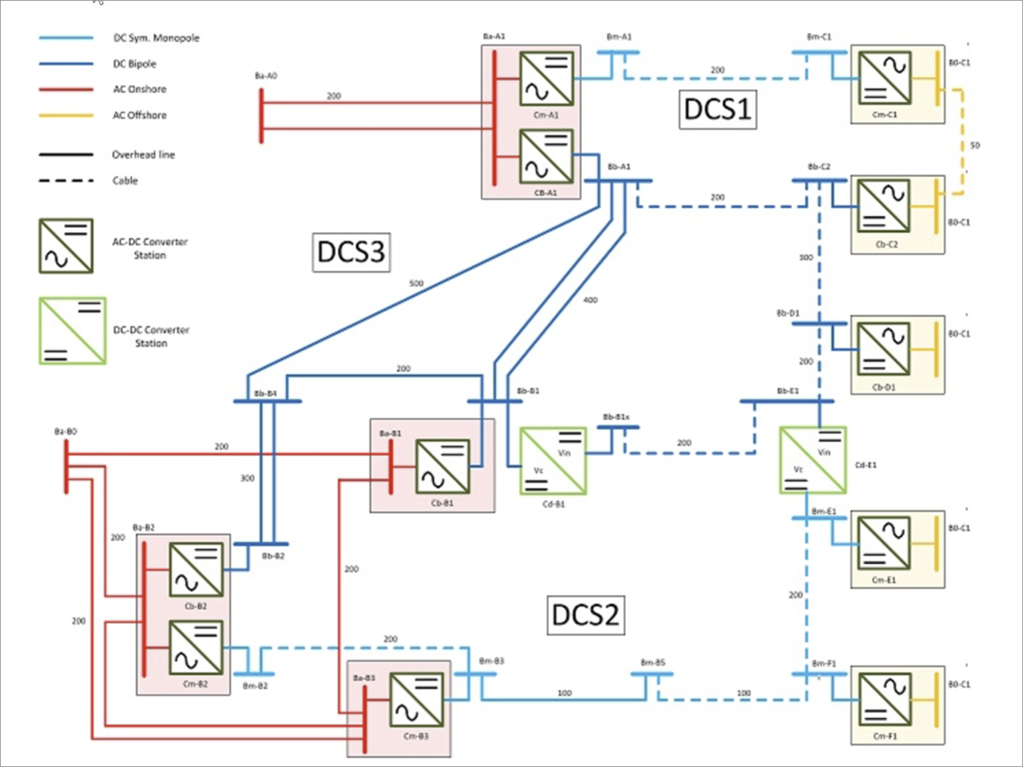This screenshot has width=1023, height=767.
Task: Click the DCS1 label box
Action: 718,109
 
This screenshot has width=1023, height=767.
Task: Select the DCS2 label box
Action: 585,614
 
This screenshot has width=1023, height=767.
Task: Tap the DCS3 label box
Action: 351,252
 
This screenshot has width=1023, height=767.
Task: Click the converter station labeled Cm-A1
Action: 546,79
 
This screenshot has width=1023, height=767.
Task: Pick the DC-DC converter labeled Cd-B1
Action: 553,461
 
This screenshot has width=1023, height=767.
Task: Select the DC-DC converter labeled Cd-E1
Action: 813,460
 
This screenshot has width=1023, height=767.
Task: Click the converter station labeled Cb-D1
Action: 883,349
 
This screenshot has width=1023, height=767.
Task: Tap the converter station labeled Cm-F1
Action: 884,699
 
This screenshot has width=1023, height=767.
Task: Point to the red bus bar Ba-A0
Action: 261,116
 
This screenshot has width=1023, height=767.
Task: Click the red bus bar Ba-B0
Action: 66,466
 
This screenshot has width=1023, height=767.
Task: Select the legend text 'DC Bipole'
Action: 134,64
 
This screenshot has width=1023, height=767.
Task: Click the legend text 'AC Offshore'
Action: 139,115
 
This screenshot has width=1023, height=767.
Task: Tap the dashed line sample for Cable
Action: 66,180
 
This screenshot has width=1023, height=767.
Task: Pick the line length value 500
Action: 416,283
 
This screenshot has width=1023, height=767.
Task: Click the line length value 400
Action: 590,300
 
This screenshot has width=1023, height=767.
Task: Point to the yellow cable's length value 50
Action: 975,146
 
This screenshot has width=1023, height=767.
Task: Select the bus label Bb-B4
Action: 266,393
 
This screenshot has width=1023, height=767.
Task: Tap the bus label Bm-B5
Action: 653,663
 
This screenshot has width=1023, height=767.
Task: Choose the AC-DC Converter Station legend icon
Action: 66,246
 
